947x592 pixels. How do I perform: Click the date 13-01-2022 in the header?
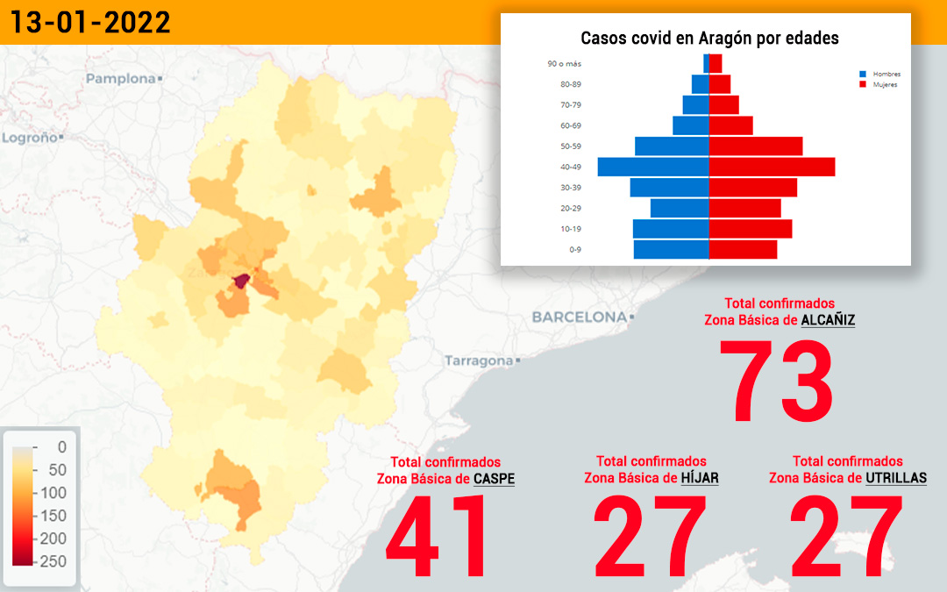coord(90,22)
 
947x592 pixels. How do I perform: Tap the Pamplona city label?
coord(121,79)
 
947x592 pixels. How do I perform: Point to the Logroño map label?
coord(30,138)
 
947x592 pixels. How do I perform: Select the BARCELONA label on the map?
coord(580,317)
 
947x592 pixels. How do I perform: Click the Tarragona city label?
coord(479,360)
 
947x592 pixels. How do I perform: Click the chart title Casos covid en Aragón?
coord(709,38)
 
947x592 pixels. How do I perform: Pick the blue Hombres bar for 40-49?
coord(653,167)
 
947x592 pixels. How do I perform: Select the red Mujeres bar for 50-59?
coord(756,146)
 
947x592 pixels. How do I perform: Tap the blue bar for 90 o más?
coord(706,63)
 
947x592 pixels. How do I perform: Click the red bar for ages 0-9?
coord(743,249)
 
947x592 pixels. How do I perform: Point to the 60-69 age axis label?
coord(570,125)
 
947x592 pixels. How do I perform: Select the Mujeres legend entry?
coord(879,84)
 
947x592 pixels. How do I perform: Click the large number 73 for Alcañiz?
coord(777,381)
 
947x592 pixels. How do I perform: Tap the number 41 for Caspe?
coord(436,536)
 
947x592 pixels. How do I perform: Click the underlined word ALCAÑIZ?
coord(828,320)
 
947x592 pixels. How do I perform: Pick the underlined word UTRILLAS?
coord(895,478)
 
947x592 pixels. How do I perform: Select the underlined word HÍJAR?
coord(700,478)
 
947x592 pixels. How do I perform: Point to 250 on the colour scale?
coord(53,561)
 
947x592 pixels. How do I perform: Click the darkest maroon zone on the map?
coord(241,282)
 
